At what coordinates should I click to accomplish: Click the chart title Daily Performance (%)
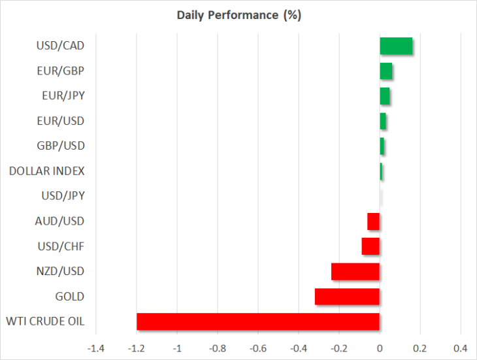(x=239, y=15)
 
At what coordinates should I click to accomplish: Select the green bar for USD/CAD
(x=396, y=46)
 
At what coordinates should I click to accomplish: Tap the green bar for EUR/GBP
(x=386, y=71)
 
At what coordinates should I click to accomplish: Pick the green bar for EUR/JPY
(x=385, y=96)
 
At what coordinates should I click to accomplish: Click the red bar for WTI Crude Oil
(x=258, y=321)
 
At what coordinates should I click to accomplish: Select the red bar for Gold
(x=347, y=297)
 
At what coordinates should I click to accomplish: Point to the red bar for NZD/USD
(x=355, y=272)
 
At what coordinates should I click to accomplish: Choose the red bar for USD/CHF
(x=370, y=246)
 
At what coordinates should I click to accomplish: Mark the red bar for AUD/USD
(x=374, y=221)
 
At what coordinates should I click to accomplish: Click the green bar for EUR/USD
(x=383, y=121)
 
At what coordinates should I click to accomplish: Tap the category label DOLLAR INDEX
(x=47, y=171)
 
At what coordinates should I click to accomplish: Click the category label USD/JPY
(x=63, y=196)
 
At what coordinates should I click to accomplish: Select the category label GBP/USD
(x=61, y=146)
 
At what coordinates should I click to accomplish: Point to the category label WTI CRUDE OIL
(x=45, y=321)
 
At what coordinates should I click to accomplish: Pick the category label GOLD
(x=70, y=297)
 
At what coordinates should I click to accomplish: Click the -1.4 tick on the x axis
(x=96, y=348)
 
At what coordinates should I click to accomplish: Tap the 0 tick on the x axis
(x=380, y=348)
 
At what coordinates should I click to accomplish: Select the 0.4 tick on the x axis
(x=461, y=348)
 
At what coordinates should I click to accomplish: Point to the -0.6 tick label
(x=258, y=348)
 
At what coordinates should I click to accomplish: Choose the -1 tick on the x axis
(x=177, y=348)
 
